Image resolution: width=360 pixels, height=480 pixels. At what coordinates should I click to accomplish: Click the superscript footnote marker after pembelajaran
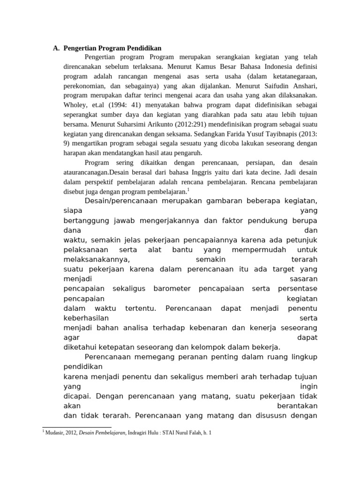click(x=188, y=189)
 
